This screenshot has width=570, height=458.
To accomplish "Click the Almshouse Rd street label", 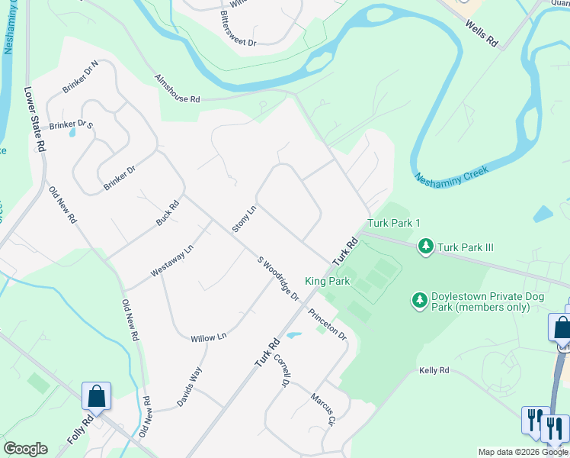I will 177,89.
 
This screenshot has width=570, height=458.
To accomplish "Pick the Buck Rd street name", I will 168,213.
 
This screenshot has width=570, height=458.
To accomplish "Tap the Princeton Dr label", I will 328,324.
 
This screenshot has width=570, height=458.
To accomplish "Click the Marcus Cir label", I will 323,409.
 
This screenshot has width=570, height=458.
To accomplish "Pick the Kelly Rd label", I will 434,370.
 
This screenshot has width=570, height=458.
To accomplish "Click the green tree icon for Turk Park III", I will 426,247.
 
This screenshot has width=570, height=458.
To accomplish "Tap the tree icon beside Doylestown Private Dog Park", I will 419,301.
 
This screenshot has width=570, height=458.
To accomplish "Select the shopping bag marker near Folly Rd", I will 97,396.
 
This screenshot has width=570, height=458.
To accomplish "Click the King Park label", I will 327,282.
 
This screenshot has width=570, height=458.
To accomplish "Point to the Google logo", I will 25,449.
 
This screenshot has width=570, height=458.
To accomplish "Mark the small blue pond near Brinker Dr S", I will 72,132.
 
